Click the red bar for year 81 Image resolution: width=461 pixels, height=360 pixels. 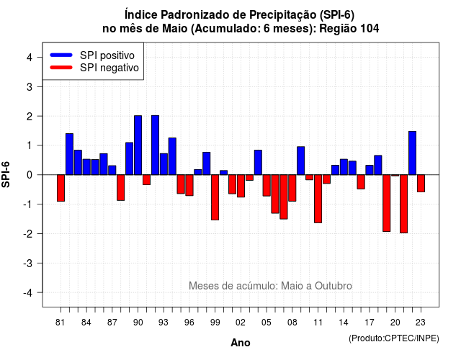pos(61,188)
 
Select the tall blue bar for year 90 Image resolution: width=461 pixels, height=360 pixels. pos(138,145)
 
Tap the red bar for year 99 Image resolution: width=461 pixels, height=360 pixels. pos(215,197)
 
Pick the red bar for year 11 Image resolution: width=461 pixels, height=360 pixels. pos(318,199)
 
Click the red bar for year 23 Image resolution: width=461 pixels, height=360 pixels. pos(421,184)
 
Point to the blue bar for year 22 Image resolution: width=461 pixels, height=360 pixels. pos(413,153)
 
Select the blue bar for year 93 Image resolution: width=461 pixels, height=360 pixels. pos(164,164)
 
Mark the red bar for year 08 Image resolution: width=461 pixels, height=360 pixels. pos(292,188)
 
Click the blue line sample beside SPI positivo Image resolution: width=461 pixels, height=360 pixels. pos(61,55)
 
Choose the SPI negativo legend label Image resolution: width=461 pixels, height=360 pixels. pos(109,68)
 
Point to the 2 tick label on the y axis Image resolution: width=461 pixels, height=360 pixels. pos(30,117)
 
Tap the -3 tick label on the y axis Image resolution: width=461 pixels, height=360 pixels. pos(28,264)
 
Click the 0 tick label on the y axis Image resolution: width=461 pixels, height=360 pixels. pos(30,175)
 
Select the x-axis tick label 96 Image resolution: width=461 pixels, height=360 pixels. pos(189,323)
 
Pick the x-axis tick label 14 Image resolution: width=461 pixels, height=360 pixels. pos(344,323)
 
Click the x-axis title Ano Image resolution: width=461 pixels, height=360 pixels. pos(241,343)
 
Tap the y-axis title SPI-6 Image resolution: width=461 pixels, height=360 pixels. pos(6,174)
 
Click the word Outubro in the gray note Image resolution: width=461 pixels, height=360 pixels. pos(334,286)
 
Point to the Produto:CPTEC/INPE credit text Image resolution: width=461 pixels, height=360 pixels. pos(394,338)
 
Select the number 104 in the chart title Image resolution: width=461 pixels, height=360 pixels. pos(370,29)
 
